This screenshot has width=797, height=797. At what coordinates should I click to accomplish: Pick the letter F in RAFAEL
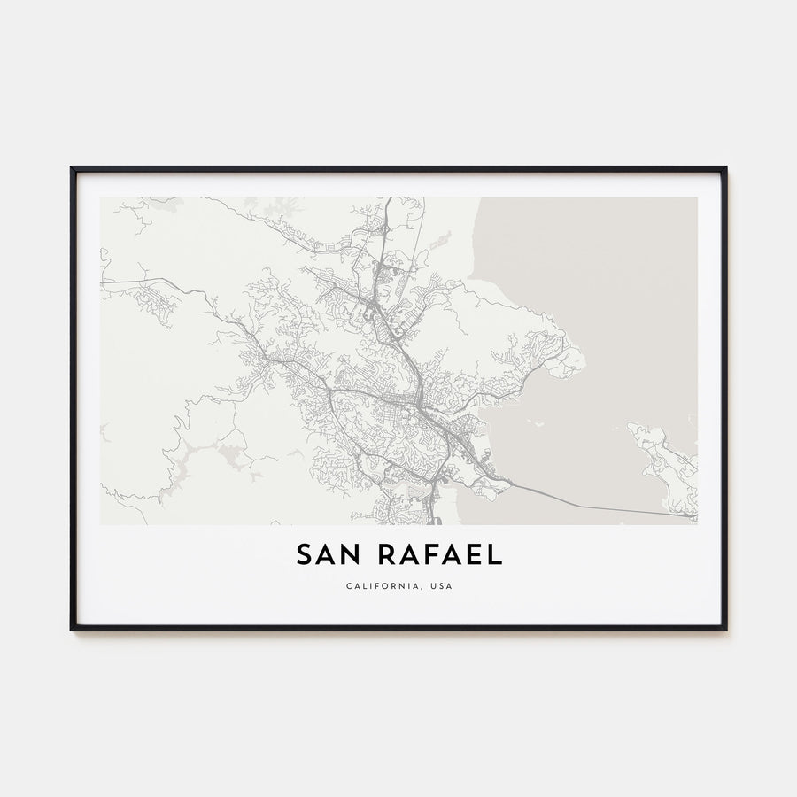coord(441,554)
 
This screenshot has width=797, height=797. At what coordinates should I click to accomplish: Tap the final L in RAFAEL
coord(496,554)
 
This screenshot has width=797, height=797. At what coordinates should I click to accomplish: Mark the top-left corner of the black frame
coord(72,168)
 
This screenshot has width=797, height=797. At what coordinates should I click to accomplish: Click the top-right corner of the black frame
coord(725,168)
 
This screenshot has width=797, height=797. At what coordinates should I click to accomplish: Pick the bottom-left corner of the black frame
coord(72,629)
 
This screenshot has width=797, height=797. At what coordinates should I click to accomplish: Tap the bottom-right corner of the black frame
coord(725,629)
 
